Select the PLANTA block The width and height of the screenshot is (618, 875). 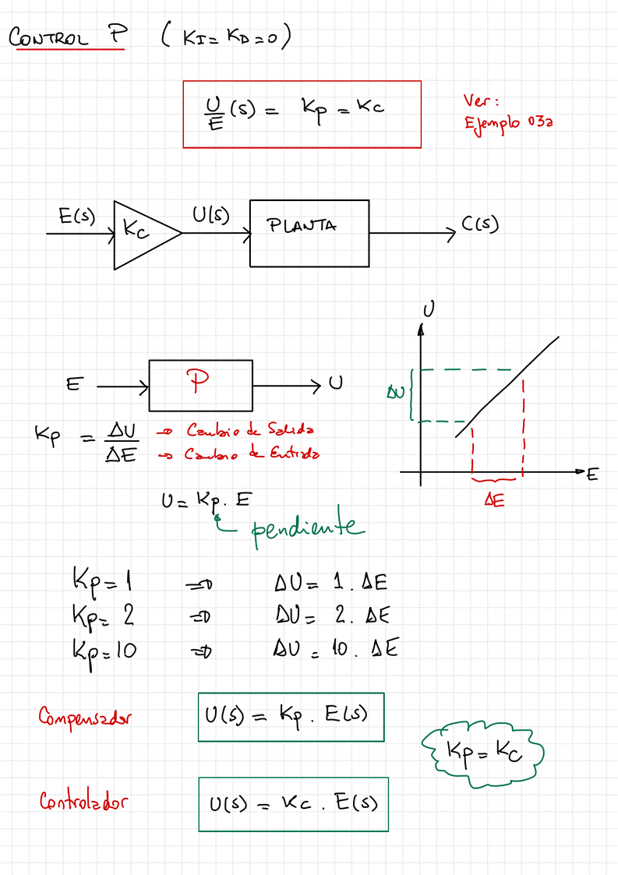coord(309,233)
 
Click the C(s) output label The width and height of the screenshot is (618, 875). coord(479,225)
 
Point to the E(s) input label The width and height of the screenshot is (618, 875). coord(76,216)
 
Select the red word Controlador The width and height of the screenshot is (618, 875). coord(83,801)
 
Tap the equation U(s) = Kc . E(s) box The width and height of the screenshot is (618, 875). coord(293,803)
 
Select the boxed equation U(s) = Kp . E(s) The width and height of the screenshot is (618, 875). coord(291,717)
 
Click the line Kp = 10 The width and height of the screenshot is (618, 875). coord(104,649)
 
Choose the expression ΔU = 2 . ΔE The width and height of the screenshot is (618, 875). coord(331,616)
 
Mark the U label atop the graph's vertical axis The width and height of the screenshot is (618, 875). coord(428,309)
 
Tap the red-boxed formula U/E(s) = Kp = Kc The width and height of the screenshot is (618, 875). coord(302,114)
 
